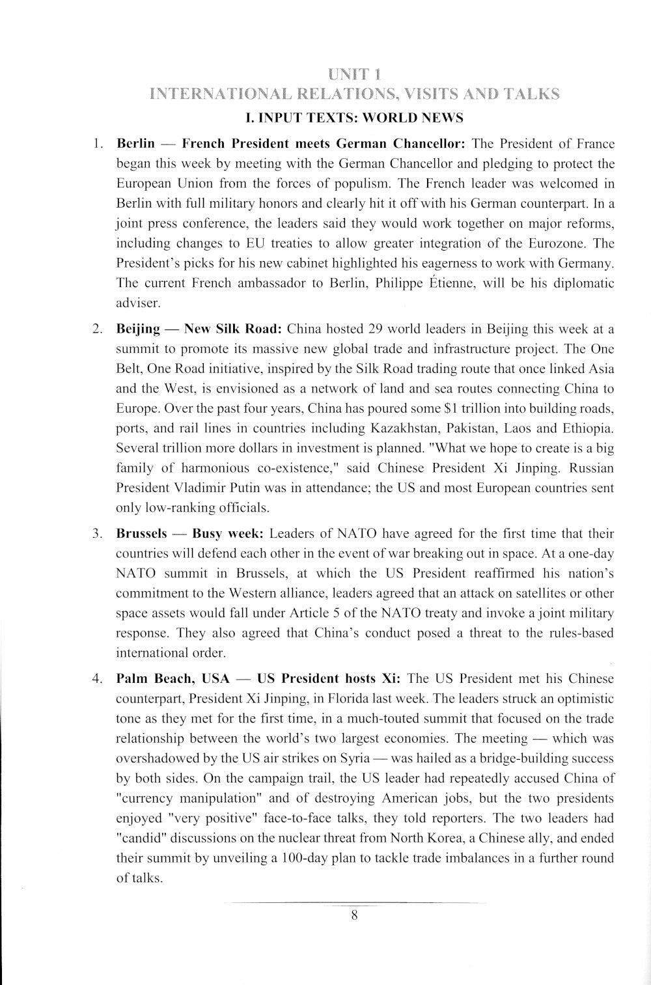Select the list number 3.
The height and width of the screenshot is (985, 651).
(x=97, y=534)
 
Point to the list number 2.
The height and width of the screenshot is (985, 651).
(x=97, y=329)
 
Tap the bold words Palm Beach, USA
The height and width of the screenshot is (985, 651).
(x=173, y=678)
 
